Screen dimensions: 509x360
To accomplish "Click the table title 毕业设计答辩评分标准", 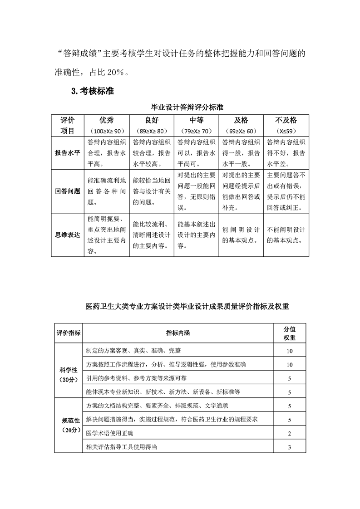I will [180, 108].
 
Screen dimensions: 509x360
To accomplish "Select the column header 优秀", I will [107, 120].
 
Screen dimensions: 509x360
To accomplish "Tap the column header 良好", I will [152, 120].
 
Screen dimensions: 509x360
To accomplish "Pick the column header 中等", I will [196, 120].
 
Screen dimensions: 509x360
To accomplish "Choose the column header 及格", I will [241, 120].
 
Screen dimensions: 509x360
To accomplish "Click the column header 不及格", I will [286, 120].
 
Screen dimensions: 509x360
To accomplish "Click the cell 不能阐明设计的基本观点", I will [286, 235].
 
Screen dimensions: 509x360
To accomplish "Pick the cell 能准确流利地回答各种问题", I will [107, 191].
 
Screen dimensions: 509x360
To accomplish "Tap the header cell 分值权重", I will [290, 333].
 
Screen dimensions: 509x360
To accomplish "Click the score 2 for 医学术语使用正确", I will [290, 434].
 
